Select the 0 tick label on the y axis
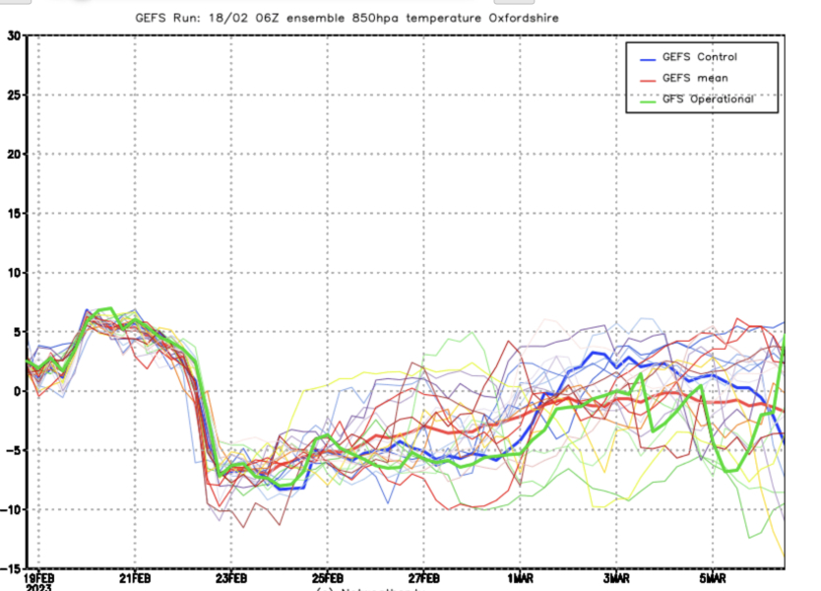pyautogui.click(x=16, y=391)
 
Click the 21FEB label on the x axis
pyautogui.click(x=135, y=577)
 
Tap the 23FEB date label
pyautogui.click(x=231, y=577)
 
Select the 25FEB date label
pyautogui.click(x=328, y=577)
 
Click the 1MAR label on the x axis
pyautogui.click(x=521, y=577)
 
